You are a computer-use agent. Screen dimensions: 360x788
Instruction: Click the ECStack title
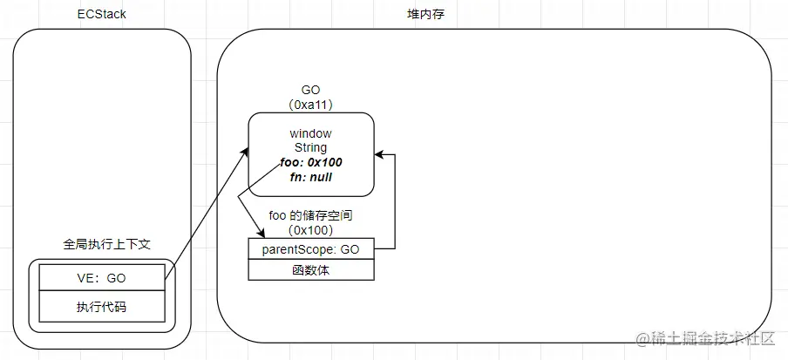(x=102, y=14)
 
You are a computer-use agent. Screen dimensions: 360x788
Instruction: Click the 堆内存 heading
(x=493, y=14)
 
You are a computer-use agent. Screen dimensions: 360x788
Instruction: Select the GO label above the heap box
(x=311, y=90)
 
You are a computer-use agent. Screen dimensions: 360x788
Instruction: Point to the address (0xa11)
(x=311, y=104)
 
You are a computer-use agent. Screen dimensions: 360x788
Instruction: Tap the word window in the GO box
(x=311, y=133)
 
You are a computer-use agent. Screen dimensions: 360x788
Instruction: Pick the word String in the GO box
(x=311, y=148)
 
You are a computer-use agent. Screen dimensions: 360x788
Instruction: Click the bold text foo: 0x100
(x=311, y=162)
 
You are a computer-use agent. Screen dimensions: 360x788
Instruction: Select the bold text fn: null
(x=311, y=177)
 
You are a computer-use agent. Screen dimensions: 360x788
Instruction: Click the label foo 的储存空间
(x=311, y=214)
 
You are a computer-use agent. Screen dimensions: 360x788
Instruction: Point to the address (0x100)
(x=311, y=229)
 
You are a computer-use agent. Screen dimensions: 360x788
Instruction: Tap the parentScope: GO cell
(x=311, y=249)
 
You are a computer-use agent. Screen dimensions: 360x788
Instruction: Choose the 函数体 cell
(x=311, y=270)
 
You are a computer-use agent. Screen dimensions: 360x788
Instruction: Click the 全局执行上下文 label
(x=102, y=245)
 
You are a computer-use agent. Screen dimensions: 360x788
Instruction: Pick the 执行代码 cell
(x=102, y=308)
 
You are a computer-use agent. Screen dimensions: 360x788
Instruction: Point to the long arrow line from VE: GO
(x=205, y=214)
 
